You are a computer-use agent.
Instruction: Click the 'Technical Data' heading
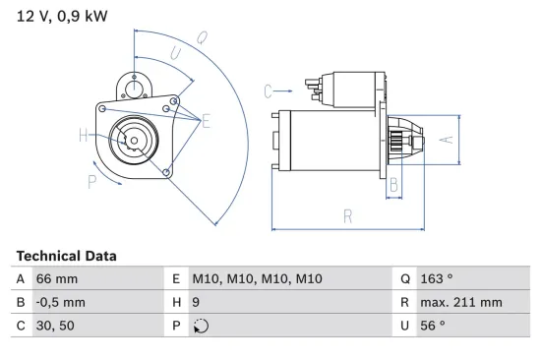[66, 256]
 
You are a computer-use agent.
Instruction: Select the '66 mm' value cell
[57, 278]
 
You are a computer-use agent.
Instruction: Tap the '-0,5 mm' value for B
[62, 303]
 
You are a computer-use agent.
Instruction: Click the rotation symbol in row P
[203, 328]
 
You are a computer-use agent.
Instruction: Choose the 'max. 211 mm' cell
[461, 303]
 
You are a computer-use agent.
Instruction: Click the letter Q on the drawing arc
[201, 38]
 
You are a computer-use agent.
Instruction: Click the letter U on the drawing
[174, 56]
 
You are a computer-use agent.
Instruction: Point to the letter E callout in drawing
[207, 121]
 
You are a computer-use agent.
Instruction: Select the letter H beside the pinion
[83, 135]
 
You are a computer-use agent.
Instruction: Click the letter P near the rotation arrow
[91, 180]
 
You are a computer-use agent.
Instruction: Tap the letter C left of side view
[267, 91]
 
